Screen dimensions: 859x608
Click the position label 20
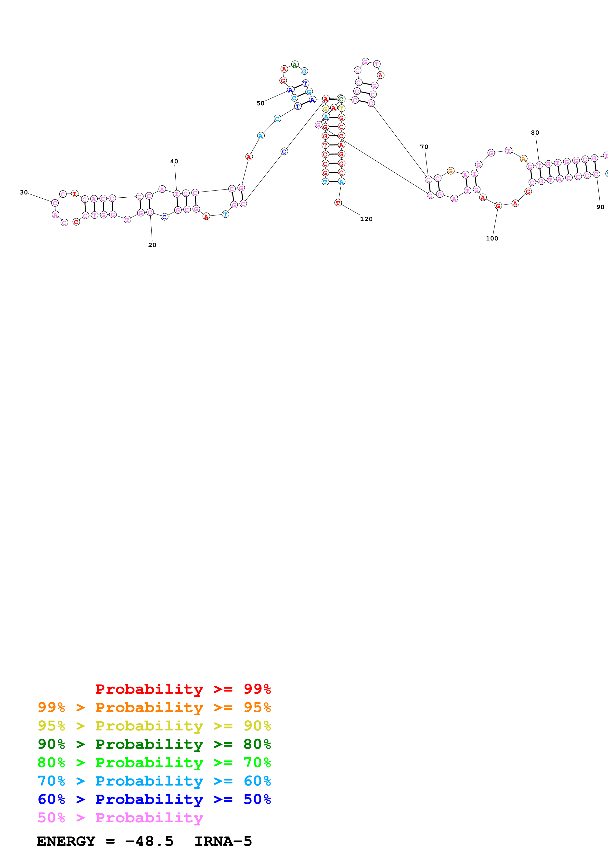tap(152, 245)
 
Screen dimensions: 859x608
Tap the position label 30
tap(24, 192)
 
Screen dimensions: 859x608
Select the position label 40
tap(174, 161)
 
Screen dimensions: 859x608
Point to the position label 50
tap(260, 103)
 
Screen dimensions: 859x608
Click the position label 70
tap(424, 147)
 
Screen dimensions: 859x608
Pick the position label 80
tap(535, 132)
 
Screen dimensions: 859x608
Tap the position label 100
tap(492, 238)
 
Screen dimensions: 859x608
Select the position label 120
tap(366, 219)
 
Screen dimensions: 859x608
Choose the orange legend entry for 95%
tap(154, 707)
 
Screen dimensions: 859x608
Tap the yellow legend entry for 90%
tap(154, 726)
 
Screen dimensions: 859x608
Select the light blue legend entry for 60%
tap(154, 781)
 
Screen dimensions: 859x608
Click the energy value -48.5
tap(149, 841)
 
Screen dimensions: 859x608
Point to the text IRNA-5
tap(223, 841)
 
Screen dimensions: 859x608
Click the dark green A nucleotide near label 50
tap(295, 64)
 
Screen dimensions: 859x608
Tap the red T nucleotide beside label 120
tap(338, 203)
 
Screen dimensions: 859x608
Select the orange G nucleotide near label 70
tap(451, 171)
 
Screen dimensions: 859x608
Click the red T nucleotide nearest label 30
tap(75, 193)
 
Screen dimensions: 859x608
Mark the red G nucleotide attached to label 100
tap(498, 206)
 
